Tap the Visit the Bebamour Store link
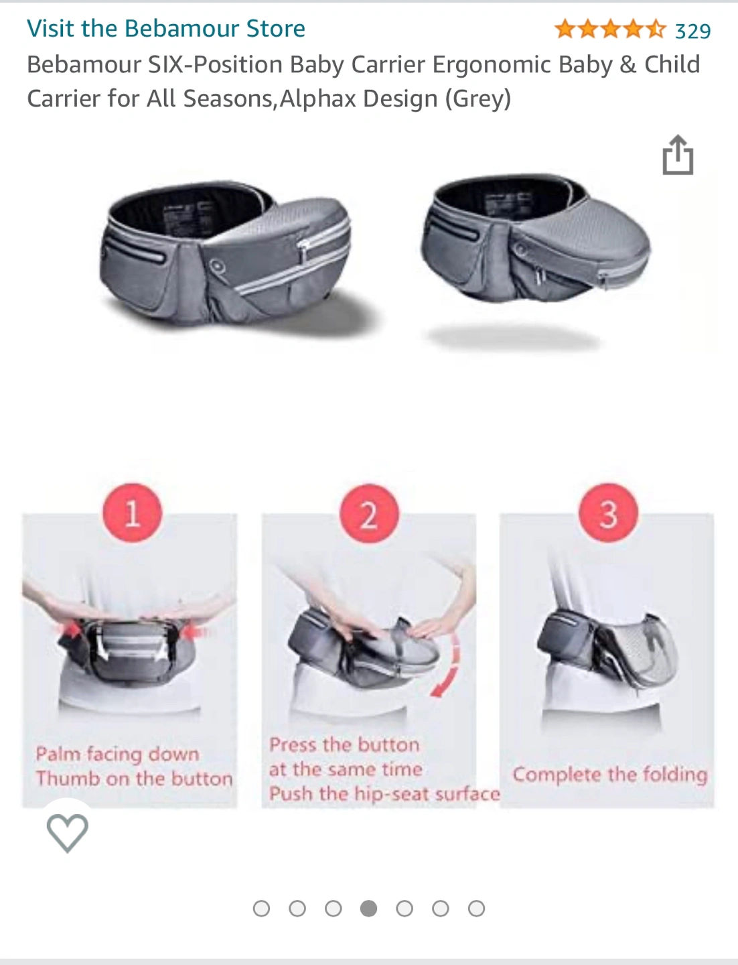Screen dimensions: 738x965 (166, 29)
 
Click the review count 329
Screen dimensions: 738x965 (692, 31)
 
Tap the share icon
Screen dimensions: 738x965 (678, 155)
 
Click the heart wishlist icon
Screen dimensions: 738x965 (67, 833)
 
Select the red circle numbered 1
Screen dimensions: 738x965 (132, 513)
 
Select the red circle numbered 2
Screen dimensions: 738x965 (369, 513)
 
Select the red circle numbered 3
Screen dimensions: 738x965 (608, 513)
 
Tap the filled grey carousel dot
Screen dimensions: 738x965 (368, 908)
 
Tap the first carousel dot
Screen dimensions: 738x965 (261, 908)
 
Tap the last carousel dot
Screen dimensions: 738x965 (476, 908)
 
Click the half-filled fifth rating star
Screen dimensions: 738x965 (656, 29)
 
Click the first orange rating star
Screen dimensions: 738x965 (565, 29)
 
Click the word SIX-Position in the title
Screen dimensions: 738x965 (215, 64)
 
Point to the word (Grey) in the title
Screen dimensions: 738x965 (478, 99)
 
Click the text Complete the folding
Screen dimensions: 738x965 (610, 775)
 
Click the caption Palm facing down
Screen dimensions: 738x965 (118, 754)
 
